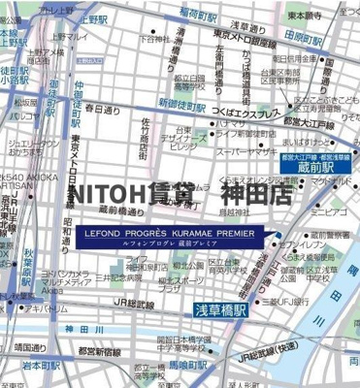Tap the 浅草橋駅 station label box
212,309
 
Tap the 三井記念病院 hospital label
115,276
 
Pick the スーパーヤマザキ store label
246,152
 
